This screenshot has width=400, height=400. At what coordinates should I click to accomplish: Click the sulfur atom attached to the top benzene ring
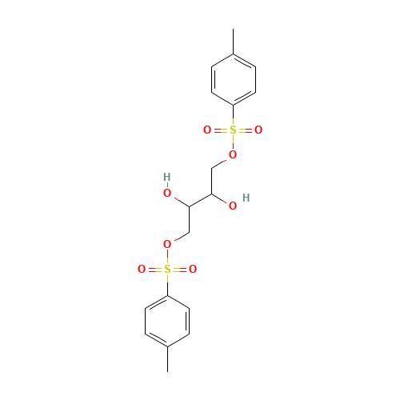[233, 130]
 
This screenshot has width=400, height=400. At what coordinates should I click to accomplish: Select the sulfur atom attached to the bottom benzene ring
[167, 270]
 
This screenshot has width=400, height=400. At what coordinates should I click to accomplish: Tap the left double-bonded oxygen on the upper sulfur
[207, 130]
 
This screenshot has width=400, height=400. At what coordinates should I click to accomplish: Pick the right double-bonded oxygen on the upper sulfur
[258, 130]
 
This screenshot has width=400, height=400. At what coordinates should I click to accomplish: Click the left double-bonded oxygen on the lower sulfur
[142, 270]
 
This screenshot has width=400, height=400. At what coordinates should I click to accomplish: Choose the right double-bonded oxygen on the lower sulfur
[193, 270]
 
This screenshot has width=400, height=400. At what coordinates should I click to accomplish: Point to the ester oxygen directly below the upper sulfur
[233, 154]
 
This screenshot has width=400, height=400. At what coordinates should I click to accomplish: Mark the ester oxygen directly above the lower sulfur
[167, 244]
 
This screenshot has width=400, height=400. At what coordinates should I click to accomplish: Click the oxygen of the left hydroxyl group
[167, 193]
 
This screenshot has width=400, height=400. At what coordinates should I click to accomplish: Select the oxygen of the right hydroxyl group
[233, 206]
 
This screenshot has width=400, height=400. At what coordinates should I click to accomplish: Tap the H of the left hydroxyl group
[166, 177]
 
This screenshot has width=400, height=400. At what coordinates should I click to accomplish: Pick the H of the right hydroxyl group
[246, 197]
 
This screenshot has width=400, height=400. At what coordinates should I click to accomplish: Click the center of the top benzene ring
[233, 79]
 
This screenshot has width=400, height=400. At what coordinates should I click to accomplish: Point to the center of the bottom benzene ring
[167, 321]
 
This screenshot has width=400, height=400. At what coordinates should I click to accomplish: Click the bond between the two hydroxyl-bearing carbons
[200, 199]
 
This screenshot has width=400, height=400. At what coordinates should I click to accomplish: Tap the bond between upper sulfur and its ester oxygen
[233, 142]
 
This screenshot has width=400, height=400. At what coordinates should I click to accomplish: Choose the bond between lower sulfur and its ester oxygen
[167, 257]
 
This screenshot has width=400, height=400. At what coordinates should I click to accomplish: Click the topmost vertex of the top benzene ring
[233, 54]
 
